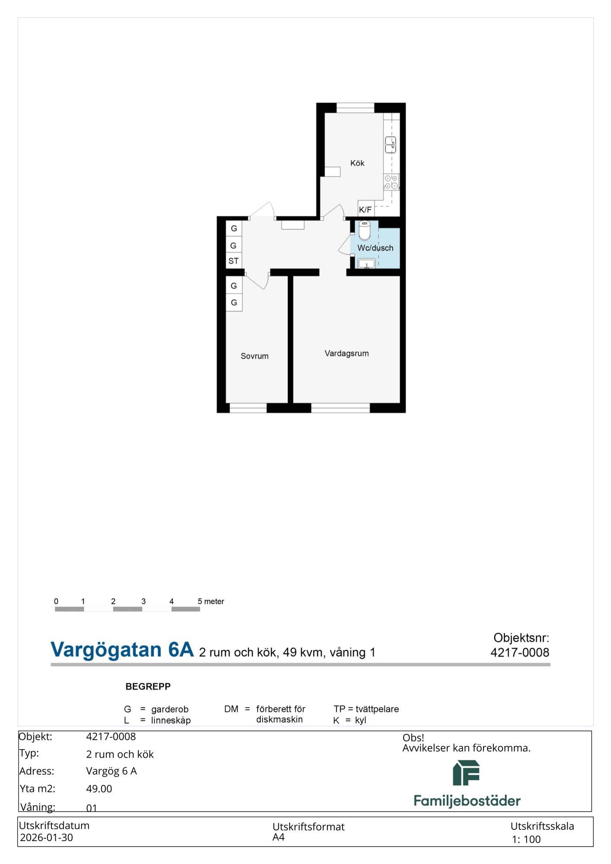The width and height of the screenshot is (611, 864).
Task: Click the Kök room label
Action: [x=357, y=163]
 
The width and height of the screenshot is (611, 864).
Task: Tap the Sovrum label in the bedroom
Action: [x=255, y=356]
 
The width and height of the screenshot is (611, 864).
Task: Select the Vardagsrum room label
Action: [x=347, y=353]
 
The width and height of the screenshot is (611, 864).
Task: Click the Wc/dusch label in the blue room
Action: [x=375, y=248]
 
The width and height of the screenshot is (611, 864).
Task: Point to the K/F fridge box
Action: [x=366, y=209]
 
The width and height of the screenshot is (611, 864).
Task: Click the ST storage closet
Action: [x=234, y=261]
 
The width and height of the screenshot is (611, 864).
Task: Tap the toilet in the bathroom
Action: [x=365, y=230]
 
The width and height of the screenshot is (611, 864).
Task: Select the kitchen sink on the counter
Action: [x=390, y=145]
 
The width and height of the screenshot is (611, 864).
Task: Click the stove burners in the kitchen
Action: [x=391, y=182]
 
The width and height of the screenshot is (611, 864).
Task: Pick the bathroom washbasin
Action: [x=367, y=264]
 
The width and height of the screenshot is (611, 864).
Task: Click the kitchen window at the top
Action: [x=355, y=108]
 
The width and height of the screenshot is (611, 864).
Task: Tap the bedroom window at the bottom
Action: [x=248, y=408]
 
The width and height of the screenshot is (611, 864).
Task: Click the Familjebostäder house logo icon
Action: [x=466, y=773]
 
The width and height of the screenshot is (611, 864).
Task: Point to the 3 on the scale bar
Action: [x=144, y=601]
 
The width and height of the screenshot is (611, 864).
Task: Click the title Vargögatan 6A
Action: [x=122, y=650]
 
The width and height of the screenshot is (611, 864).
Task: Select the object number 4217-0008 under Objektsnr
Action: [x=520, y=652]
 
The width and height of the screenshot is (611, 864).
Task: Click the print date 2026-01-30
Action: [x=46, y=837]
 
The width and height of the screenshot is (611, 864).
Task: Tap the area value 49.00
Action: [x=99, y=788]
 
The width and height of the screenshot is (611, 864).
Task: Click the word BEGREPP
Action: [x=148, y=686]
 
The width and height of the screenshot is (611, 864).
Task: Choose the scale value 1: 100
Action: [x=526, y=839]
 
